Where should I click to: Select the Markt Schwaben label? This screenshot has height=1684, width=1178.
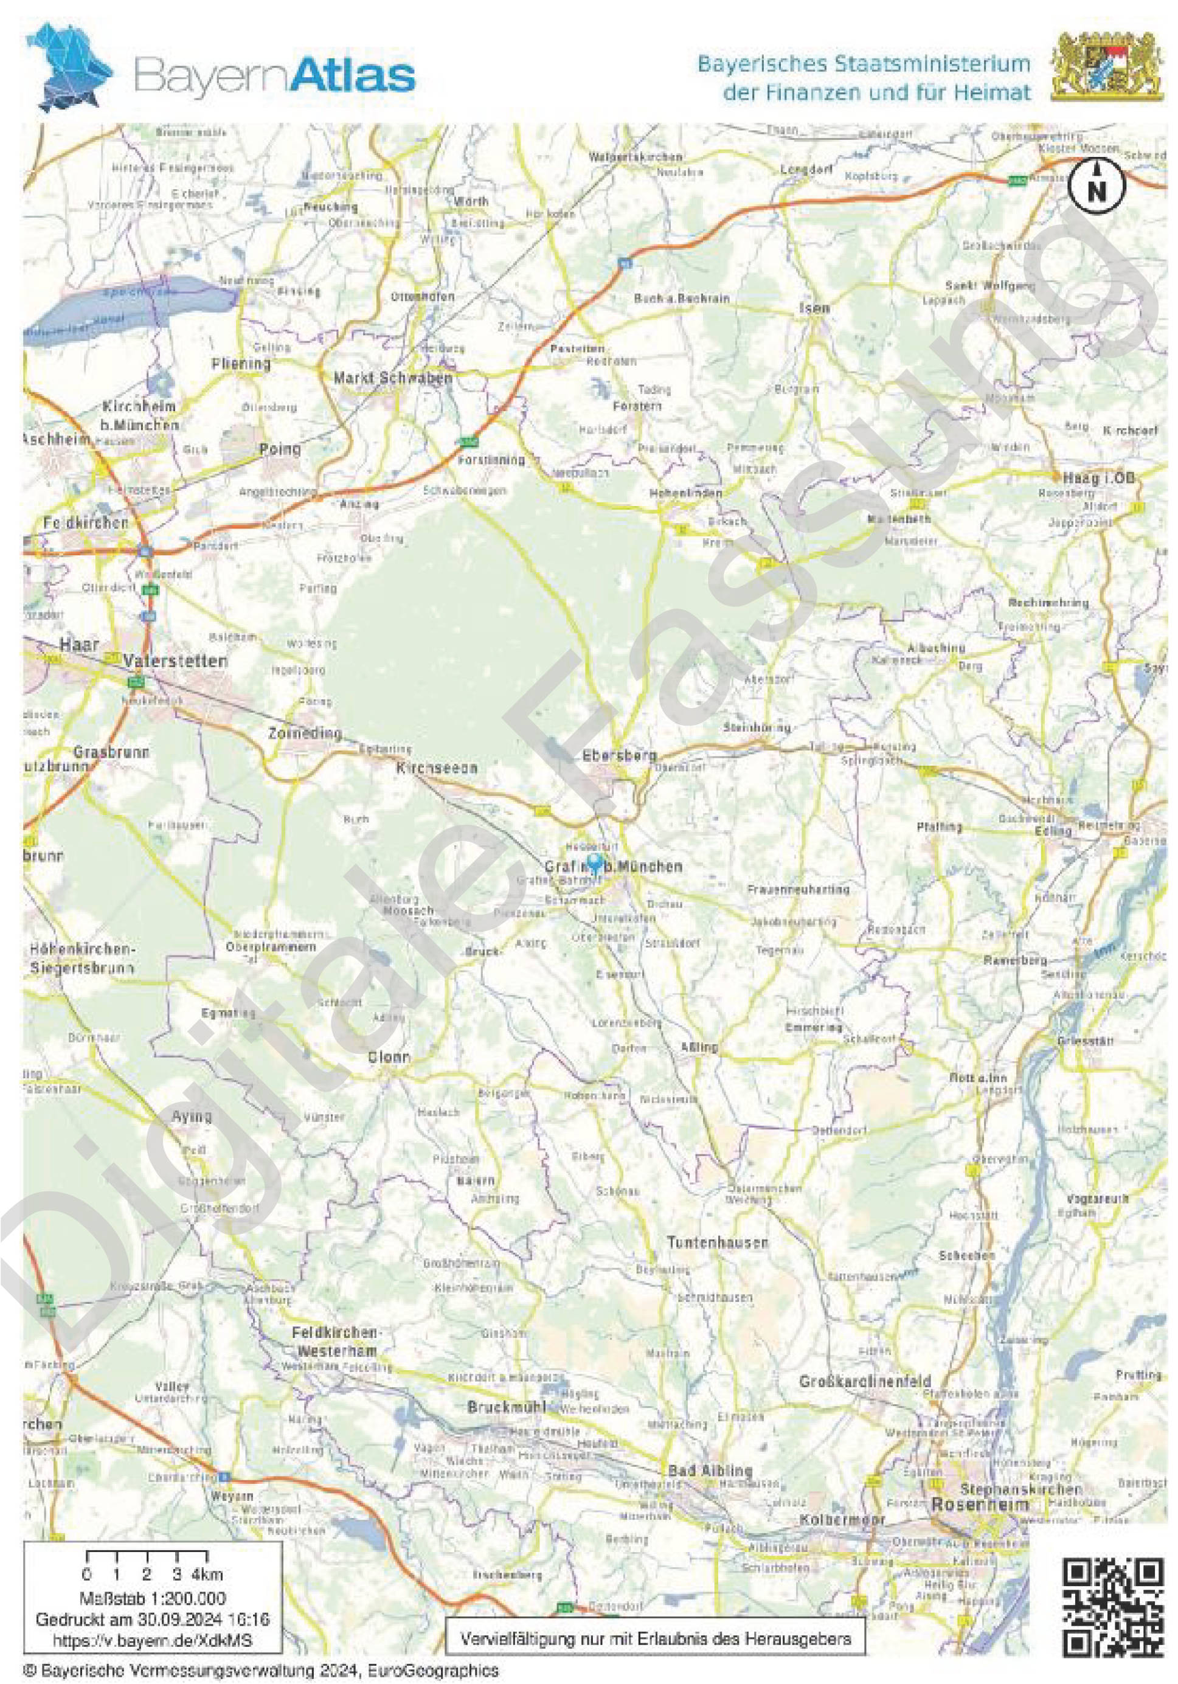click(x=392, y=378)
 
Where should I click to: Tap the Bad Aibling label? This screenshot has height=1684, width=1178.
click(x=710, y=1471)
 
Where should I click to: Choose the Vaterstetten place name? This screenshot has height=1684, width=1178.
click(x=175, y=661)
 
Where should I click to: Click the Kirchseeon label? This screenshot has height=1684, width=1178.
click(x=437, y=768)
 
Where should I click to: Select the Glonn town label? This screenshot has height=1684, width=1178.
click(x=389, y=1058)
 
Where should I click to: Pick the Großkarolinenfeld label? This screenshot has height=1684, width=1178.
click(x=865, y=1381)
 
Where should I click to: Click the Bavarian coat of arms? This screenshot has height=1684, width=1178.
click(x=1107, y=68)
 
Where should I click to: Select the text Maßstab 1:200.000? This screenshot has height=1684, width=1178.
click(x=152, y=1598)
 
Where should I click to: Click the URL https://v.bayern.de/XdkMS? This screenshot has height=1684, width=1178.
click(x=152, y=1639)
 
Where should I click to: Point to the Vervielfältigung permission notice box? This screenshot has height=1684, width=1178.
click(x=655, y=1638)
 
